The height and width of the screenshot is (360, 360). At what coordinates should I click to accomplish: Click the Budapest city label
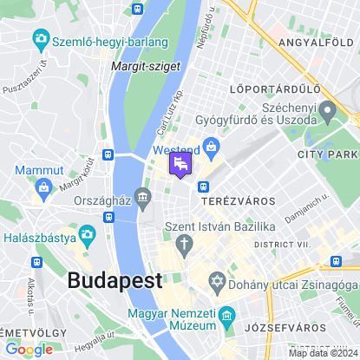[x=115, y=280]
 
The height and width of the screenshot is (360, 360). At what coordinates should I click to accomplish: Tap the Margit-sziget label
[x=137, y=65]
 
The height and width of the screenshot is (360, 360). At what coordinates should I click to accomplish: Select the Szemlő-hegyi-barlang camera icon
[x=40, y=39]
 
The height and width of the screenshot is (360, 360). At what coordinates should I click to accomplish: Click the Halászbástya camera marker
[x=87, y=235]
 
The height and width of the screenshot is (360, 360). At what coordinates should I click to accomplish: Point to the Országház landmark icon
[x=143, y=202]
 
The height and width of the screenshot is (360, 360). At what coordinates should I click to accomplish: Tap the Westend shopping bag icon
[x=209, y=146]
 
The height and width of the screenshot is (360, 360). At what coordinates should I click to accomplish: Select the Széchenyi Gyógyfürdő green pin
[x=327, y=110]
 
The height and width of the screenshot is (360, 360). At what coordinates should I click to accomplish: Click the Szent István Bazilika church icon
[x=185, y=246]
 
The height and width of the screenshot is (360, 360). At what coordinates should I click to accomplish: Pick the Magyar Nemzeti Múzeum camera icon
[x=226, y=315]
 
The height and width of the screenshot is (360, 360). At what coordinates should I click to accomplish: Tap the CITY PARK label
[x=327, y=154]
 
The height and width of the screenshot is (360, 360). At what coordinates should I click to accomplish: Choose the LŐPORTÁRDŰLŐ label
[x=275, y=88]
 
